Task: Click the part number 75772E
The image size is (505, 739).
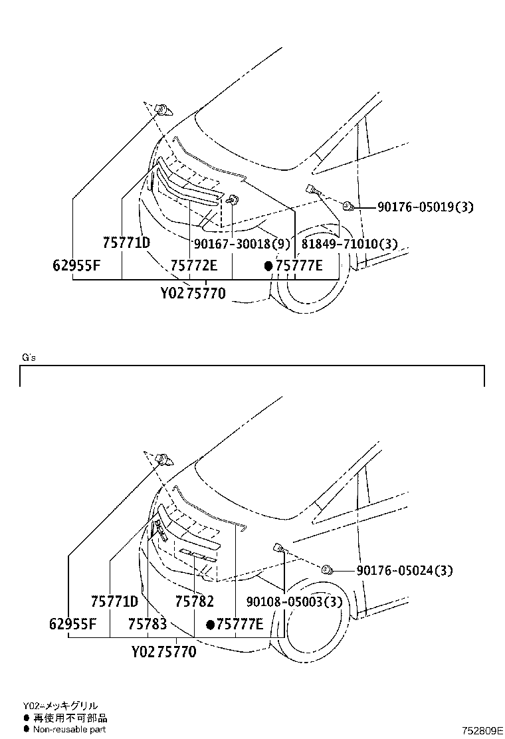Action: click(194, 266)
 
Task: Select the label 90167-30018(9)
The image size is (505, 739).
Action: click(242, 244)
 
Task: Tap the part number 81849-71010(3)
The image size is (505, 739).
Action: click(349, 244)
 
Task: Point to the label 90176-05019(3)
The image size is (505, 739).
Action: click(425, 207)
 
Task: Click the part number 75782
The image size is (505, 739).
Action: click(195, 601)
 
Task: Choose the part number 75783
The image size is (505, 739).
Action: click(148, 624)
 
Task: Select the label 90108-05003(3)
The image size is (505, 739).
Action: click(294, 601)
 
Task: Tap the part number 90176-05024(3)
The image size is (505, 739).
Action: click(405, 570)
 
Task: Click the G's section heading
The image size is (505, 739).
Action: click(29, 358)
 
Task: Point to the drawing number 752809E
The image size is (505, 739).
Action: click(484, 730)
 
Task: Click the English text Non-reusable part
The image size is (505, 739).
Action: click(69, 729)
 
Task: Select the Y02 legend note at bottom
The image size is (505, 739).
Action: click(60, 706)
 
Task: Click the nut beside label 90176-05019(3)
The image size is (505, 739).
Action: click(347, 207)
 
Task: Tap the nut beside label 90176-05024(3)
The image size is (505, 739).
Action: click(327, 570)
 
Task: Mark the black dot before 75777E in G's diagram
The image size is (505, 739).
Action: click(211, 624)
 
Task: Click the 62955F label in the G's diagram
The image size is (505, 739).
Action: click(73, 624)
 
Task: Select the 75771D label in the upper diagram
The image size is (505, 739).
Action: click(126, 243)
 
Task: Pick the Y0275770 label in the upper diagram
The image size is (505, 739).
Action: click(193, 292)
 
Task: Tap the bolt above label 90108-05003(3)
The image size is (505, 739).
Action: click(279, 549)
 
